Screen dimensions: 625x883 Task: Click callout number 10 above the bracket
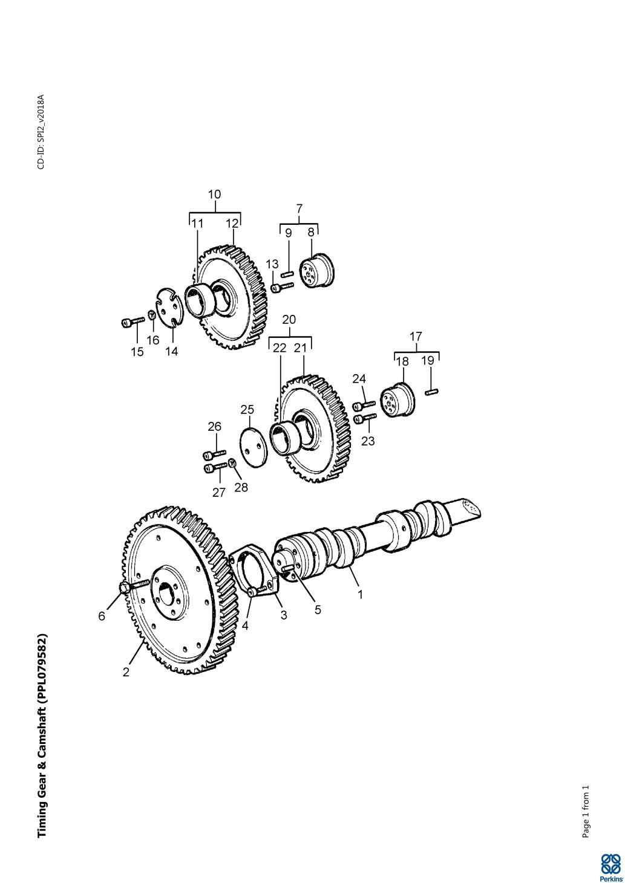[214, 195]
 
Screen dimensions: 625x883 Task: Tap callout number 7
[299, 208]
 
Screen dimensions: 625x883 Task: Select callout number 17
[416, 336]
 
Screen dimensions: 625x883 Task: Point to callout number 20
[289, 319]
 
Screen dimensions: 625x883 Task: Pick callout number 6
[102, 616]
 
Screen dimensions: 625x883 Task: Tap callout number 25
[247, 410]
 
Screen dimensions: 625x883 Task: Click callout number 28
[241, 487]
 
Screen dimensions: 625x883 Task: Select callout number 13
[272, 264]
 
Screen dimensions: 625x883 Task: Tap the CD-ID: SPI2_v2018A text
[41, 132]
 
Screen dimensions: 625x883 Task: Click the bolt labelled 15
[133, 322]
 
